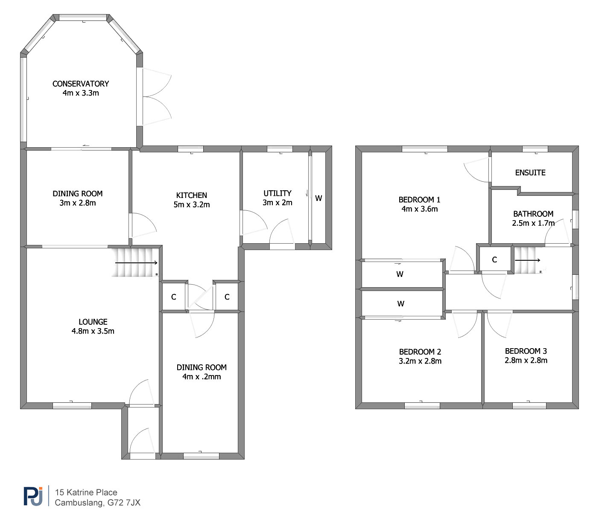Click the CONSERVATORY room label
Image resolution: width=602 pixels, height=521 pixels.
click(81, 84)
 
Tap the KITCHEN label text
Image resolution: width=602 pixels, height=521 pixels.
click(192, 195)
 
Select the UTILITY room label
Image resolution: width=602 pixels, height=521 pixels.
click(278, 193)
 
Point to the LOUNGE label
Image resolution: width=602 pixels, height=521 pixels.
click(93, 322)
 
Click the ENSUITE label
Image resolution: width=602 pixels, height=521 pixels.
click(530, 172)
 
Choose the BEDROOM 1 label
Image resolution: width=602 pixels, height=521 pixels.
click(419, 200)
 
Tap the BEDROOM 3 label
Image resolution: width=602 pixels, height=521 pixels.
click(526, 351)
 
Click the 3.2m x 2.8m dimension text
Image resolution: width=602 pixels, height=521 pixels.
click(420, 361)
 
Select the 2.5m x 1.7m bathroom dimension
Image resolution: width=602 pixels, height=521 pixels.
click(533, 223)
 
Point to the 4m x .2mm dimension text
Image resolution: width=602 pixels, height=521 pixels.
click(202, 377)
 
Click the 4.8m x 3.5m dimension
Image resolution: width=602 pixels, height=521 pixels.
click(93, 331)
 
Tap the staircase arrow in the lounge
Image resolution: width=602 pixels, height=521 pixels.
click(136, 263)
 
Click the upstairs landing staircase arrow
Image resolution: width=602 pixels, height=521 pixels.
click(527, 260)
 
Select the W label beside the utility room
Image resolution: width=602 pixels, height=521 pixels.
click(319, 198)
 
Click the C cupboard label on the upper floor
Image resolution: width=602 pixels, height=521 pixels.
click(494, 259)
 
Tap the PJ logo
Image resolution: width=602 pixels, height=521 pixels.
click(33, 496)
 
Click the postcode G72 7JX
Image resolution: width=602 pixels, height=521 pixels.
click(124, 503)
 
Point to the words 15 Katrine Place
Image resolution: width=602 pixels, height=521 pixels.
click(86, 492)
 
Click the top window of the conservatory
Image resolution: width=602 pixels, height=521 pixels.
click(83, 17)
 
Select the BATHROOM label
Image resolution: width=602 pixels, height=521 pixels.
click(533, 214)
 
